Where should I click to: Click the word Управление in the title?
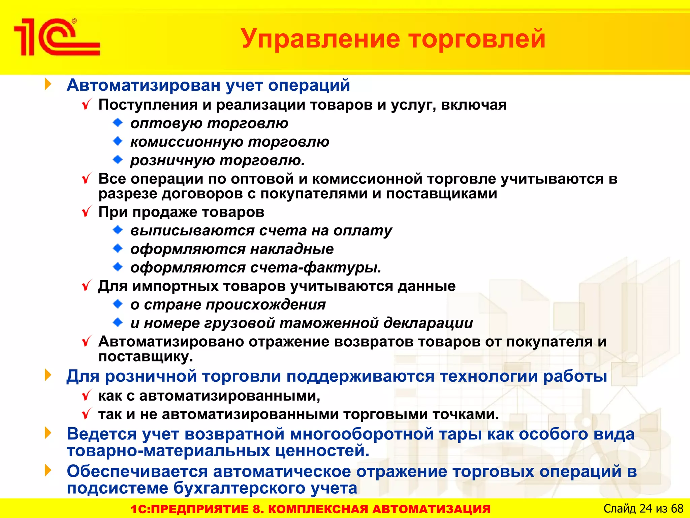pyautogui.click(x=320, y=39)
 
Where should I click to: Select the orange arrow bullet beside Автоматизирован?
pyautogui.click(x=48, y=84)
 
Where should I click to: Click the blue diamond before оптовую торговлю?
pyautogui.click(x=118, y=122)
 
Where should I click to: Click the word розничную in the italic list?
pyautogui.click(x=172, y=161)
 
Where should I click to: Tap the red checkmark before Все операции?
pyautogui.click(x=87, y=179)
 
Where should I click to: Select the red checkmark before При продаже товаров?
pyautogui.click(x=87, y=212)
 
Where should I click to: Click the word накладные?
pyautogui.click(x=292, y=249)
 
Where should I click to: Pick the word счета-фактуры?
pyautogui.click(x=316, y=268)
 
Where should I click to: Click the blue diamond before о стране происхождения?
pyautogui.click(x=118, y=304)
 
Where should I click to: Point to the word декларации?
pyautogui.click(x=428, y=323)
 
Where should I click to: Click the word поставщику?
pyautogui.click(x=146, y=357)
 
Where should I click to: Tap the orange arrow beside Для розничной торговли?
pyautogui.click(x=48, y=375)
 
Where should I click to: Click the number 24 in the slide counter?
pyautogui.click(x=646, y=509)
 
